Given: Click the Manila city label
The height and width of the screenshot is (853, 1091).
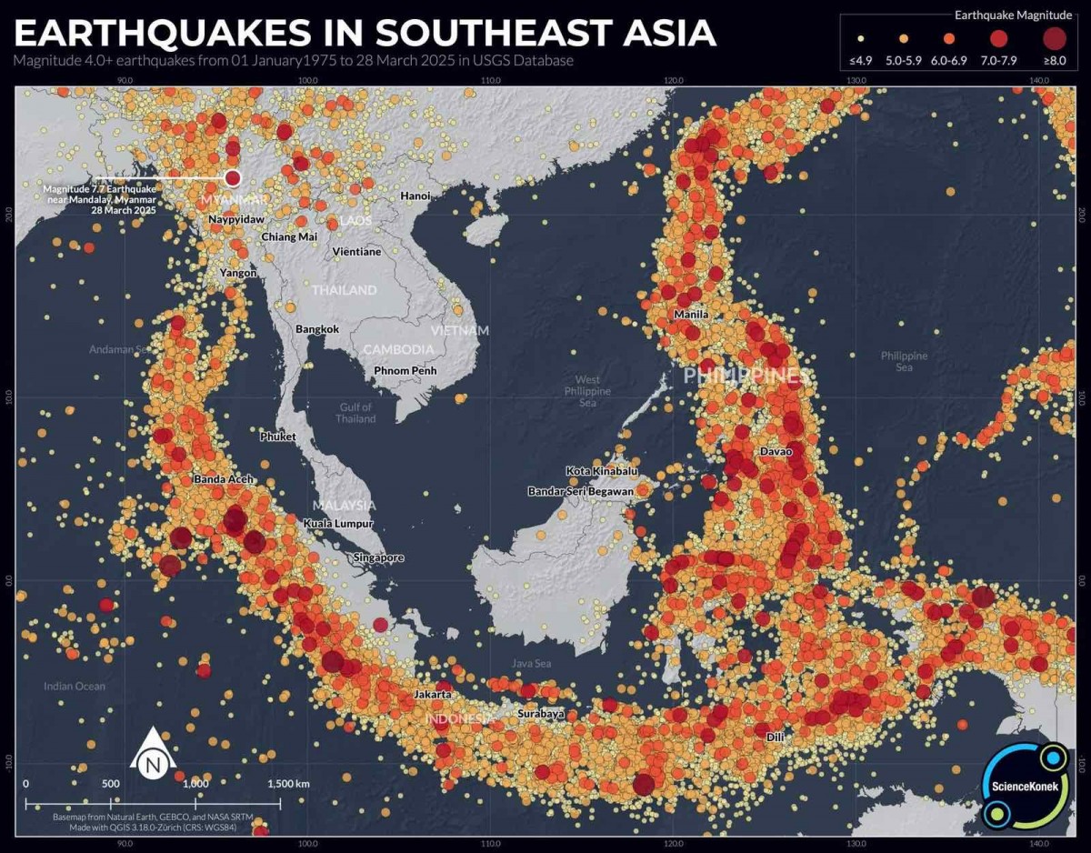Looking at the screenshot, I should point(691,315).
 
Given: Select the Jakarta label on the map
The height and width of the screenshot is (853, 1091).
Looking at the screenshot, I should point(432,695).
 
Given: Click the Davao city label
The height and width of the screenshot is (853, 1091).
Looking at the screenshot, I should point(776,452).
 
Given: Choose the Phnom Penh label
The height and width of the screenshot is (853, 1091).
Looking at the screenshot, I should point(405,371).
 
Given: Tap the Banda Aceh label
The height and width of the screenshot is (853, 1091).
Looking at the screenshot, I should point(224,479).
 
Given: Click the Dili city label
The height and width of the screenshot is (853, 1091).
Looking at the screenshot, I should point(775,737).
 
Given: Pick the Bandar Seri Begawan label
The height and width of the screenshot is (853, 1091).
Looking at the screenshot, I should point(580,492).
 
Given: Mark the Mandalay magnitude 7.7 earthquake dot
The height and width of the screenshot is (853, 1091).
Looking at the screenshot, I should point(232,178).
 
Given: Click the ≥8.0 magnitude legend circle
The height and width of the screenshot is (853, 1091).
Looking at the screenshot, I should point(1054,38).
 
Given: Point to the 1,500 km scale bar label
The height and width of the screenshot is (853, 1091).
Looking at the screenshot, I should point(289,783).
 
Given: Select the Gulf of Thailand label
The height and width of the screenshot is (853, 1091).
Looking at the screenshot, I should point(355,413).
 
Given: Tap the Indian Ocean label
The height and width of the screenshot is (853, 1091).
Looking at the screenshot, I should point(75,687).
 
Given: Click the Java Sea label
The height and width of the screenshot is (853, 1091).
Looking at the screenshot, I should point(531,664).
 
